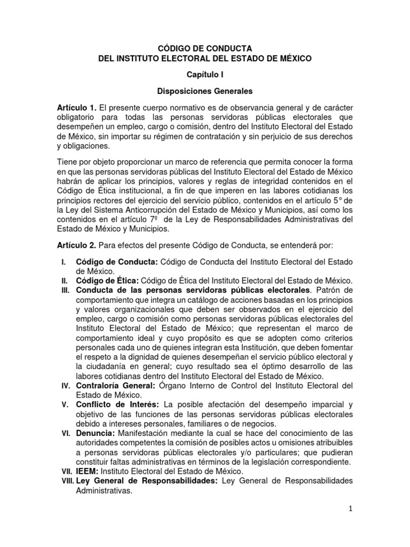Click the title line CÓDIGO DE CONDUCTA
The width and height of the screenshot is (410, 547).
coord(205,49)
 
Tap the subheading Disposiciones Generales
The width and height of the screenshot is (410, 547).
coord(205,91)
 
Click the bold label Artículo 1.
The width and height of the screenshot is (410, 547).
coord(76,108)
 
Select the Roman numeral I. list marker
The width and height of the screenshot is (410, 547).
coord(64,262)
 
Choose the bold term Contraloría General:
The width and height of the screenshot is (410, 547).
coord(116,385)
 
